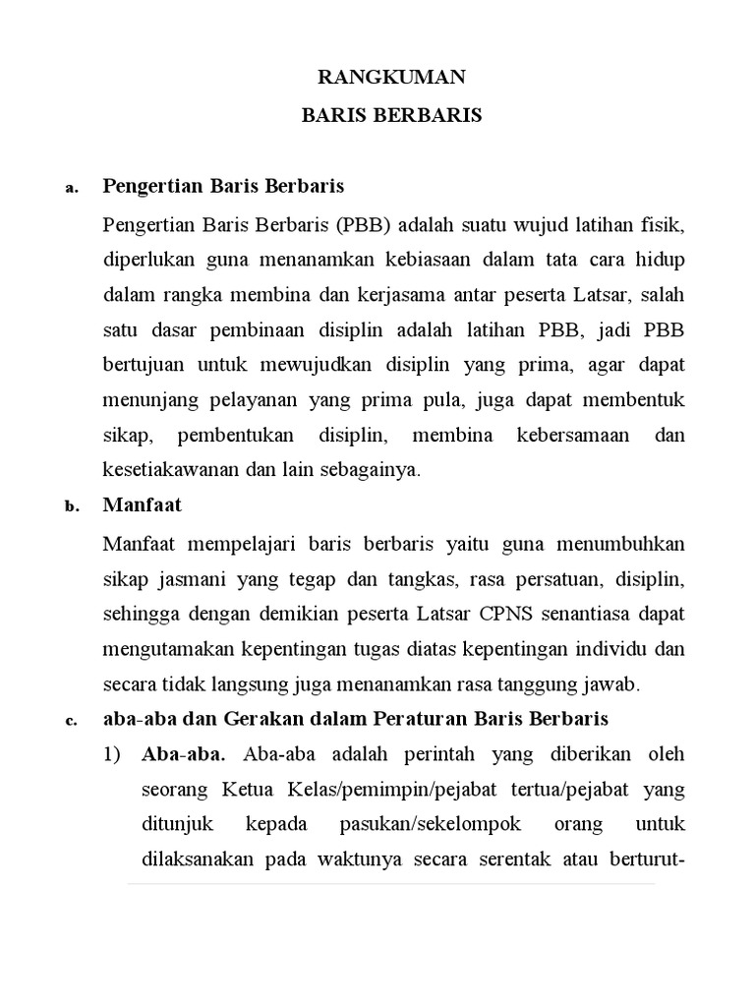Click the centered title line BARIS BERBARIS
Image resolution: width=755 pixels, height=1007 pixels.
pyautogui.click(x=391, y=115)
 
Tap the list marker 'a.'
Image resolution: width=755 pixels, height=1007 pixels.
pyautogui.click(x=71, y=188)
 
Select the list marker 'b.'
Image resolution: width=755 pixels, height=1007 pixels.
pyautogui.click(x=71, y=507)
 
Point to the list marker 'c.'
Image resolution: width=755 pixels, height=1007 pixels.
pyautogui.click(x=71, y=721)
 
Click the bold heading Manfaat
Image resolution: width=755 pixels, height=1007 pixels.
pyautogui.click(x=143, y=506)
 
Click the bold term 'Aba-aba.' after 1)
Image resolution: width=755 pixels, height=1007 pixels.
pyautogui.click(x=184, y=755)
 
